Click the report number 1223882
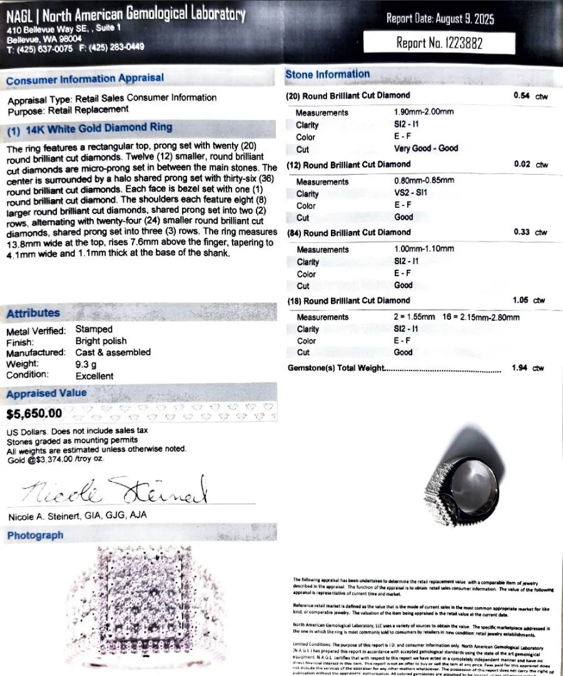439,43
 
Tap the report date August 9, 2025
440,19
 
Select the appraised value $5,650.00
34,413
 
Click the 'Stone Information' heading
328,74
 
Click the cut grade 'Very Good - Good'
426,148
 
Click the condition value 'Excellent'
94,376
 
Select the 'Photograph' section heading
35,535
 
